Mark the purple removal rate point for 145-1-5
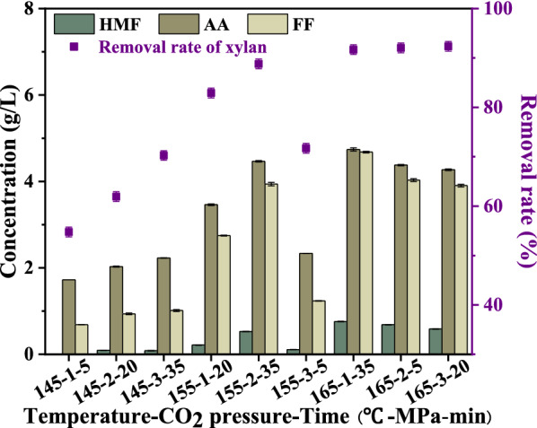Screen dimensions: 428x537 [68, 231]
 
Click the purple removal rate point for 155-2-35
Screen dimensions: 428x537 [259, 64]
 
